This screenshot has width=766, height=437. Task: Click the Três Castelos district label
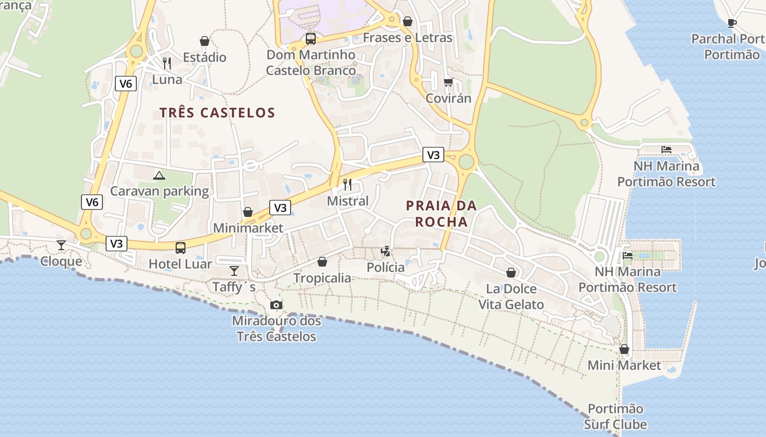point(217,113)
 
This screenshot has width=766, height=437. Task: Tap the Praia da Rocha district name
point(441,214)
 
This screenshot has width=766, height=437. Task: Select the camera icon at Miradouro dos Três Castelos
point(276,305)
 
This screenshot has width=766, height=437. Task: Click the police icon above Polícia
point(386,251)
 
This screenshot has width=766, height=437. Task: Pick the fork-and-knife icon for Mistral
point(347,184)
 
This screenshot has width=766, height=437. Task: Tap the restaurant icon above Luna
point(167,63)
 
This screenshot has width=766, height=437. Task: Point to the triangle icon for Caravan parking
point(159,175)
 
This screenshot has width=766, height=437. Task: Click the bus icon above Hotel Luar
point(181,248)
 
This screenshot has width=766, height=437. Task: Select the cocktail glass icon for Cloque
point(61,245)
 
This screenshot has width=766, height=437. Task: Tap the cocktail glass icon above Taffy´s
point(234,271)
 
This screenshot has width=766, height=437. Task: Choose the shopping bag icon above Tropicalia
point(322,262)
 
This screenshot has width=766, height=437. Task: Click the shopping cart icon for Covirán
point(448,82)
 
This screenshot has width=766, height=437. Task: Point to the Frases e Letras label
point(408,38)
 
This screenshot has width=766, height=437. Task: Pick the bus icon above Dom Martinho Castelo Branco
point(311,39)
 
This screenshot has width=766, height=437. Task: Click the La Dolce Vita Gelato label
point(511,297)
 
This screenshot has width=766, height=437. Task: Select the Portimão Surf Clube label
point(616,417)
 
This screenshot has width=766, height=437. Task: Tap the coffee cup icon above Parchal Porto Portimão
point(732,23)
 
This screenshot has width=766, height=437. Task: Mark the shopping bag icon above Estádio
point(205,41)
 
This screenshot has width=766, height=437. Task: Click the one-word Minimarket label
point(248,228)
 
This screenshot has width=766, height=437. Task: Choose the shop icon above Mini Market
point(624,349)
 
